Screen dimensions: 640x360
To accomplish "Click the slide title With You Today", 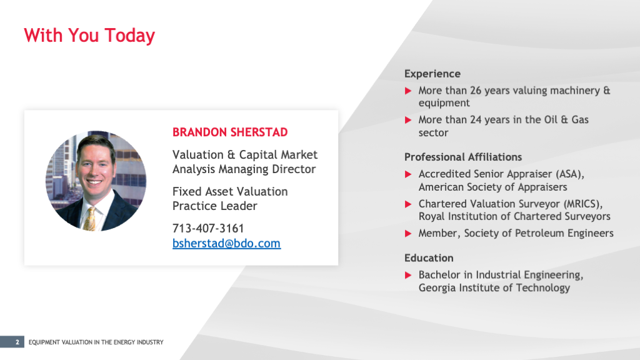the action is pos(89,36).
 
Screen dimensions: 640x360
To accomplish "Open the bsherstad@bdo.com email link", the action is pos(226,243).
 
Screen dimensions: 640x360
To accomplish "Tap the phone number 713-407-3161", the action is pos(208,228).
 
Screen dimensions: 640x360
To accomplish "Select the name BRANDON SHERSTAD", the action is pos(230,132).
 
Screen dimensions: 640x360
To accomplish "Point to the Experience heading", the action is pos(432,74).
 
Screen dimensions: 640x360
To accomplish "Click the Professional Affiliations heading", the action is pos(463,157).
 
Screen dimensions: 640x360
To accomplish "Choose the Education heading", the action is pos(429,258).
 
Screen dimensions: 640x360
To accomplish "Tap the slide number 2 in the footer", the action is pos(17,342).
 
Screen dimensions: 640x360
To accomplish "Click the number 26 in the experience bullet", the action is pos(476,91).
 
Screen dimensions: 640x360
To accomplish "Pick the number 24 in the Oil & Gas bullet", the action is pos(476,120).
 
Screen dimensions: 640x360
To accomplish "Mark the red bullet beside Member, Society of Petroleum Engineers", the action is pos(408,234).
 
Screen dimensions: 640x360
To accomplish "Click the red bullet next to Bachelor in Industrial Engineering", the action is pos(408,275).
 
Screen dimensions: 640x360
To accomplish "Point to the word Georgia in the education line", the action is pos(437,288).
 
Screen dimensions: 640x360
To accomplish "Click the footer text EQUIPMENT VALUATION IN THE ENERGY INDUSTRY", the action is pos(96,342).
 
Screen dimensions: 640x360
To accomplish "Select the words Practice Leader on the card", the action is pos(215,206).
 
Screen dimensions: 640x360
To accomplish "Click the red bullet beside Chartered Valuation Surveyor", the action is pos(408,204).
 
